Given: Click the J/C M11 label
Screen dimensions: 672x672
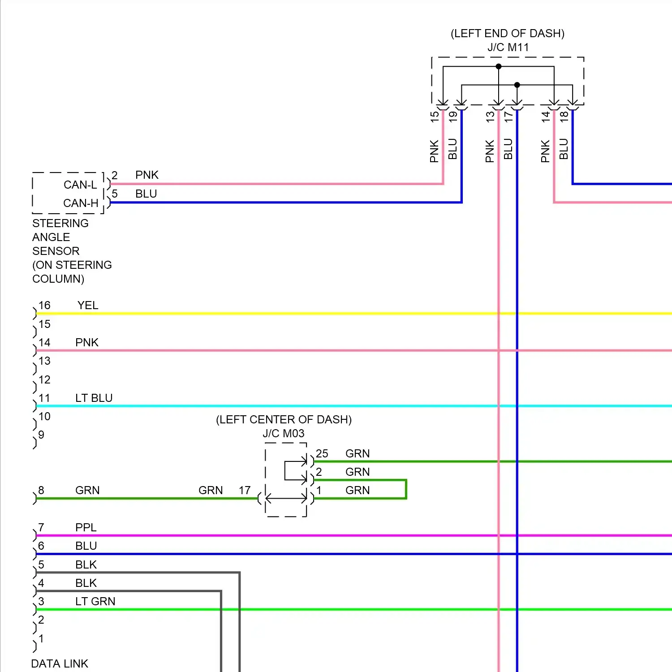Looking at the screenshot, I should coord(508,47).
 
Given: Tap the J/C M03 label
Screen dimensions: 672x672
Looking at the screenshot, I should coord(283,434).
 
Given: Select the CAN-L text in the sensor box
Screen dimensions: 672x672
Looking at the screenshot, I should coord(80,185).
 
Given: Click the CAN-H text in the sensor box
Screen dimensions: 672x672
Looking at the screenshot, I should coord(81,203).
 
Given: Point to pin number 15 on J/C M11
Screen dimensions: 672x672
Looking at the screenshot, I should coord(435,116).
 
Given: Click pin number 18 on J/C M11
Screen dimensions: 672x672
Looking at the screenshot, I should coord(564,116).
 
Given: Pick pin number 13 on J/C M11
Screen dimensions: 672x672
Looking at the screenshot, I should coord(490,116).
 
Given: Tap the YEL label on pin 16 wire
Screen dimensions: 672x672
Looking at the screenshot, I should coord(88,306).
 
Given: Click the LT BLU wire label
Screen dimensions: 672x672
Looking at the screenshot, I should coord(94,398).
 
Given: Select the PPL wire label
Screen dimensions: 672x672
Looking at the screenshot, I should coord(86,528).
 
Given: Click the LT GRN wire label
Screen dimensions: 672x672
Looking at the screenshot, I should coord(95,602).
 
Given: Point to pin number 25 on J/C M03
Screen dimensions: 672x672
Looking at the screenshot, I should coord(322,454).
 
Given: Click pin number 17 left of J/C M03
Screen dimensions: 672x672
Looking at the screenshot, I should coord(245,491).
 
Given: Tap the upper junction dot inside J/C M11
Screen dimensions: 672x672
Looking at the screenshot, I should coord(499,66).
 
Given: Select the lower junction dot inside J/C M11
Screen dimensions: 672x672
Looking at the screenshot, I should coord(517,85).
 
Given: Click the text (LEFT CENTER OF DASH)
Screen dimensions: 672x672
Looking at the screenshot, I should coord(284,420).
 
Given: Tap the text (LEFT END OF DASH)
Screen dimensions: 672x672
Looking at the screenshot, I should coord(508,34).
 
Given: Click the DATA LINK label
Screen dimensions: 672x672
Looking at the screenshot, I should coord(60,663).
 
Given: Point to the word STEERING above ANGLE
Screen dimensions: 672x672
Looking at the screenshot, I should coord(60,224).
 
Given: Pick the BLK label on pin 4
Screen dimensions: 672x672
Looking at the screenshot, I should coord(86,583).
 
